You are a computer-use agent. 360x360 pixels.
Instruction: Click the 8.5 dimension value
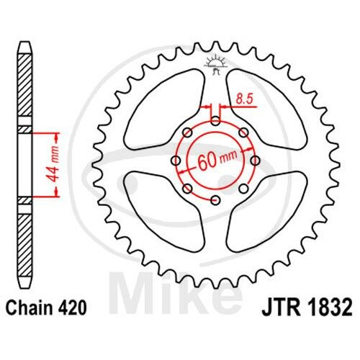[x=245, y=99]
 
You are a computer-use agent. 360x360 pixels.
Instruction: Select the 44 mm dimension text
[x=53, y=164]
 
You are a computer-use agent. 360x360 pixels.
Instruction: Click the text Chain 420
[x=46, y=308]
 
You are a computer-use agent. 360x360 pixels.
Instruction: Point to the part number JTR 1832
[x=307, y=307]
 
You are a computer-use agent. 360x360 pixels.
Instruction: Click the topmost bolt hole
[x=215, y=121]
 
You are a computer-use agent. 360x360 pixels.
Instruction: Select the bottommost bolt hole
[x=215, y=199]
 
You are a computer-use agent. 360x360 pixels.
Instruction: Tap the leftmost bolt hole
[x=176, y=161]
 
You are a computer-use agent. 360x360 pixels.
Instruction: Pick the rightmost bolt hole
[x=255, y=161]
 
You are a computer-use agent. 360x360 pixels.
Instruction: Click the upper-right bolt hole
[x=243, y=132]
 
